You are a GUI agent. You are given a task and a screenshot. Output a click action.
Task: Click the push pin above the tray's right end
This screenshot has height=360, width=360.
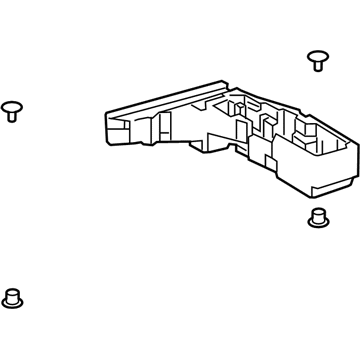318,59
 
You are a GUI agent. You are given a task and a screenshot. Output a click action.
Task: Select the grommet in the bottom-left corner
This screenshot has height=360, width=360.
13,297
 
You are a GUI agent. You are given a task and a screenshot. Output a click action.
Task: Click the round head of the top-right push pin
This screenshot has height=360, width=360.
318,55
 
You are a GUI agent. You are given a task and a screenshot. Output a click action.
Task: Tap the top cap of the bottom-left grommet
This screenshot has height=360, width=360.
13,291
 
